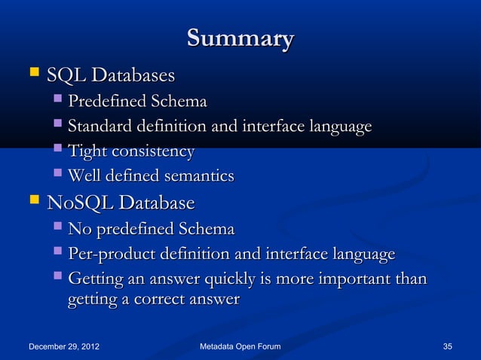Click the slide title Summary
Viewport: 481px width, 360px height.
point(240,38)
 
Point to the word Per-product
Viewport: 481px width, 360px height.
point(111,255)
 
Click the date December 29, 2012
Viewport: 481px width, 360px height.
point(64,346)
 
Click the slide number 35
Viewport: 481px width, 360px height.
point(447,346)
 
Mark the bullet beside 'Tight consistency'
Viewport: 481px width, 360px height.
point(58,151)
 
